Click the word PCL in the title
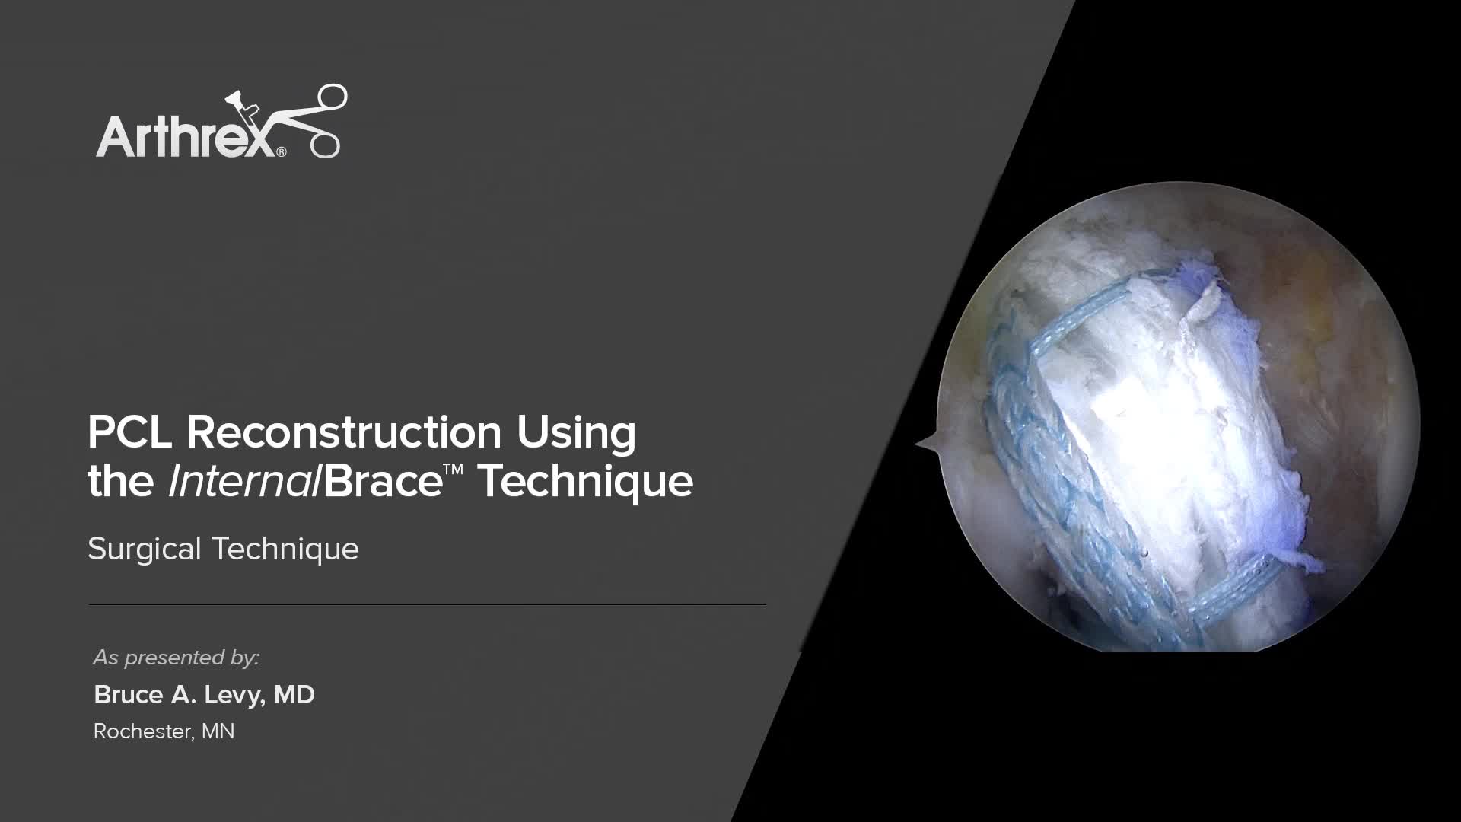point(131,432)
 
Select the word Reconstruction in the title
point(344,432)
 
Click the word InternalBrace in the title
point(304,482)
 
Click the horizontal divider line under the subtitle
point(427,604)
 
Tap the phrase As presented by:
point(177,658)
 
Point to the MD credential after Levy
point(294,695)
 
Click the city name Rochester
point(142,731)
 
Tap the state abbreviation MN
point(218,731)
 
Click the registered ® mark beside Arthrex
point(282,152)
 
